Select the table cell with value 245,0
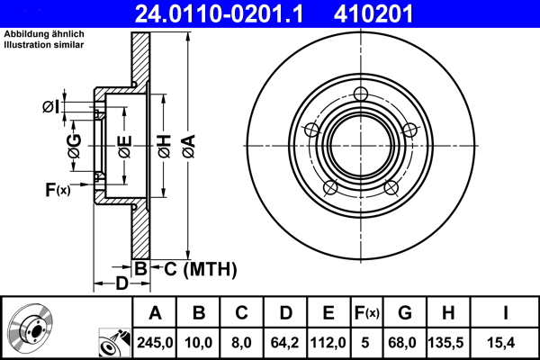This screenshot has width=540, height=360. [155, 341]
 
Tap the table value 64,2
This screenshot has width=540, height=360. [286, 341]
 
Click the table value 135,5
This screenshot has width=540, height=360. [449, 341]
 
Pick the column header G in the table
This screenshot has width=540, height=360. [405, 313]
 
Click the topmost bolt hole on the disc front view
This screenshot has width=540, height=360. [362, 94]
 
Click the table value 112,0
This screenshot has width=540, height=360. [329, 341]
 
